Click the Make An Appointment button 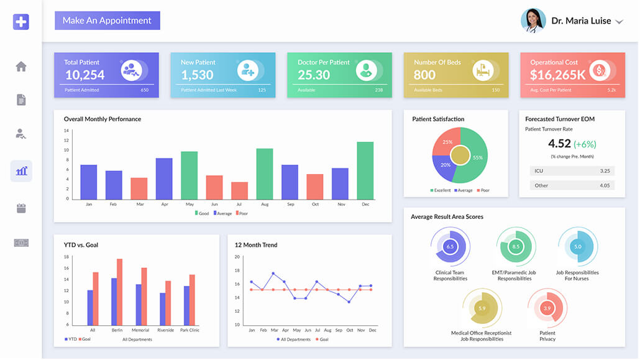pyautogui.click(x=107, y=21)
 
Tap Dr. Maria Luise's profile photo pyautogui.click(x=533, y=21)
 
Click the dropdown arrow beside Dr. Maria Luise pyautogui.click(x=619, y=22)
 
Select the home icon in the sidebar pyautogui.click(x=21, y=67)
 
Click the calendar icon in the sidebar pyautogui.click(x=21, y=208)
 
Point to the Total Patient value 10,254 pyautogui.click(x=85, y=75)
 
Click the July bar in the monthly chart pyautogui.click(x=239, y=190)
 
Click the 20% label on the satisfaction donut pyautogui.click(x=446, y=165)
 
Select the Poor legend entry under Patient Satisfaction pyautogui.click(x=482, y=190)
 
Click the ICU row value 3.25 pyautogui.click(x=605, y=170)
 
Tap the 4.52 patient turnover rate pyautogui.click(x=559, y=144)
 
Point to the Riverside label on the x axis pyautogui.click(x=165, y=330)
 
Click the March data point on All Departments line pyautogui.click(x=273, y=274)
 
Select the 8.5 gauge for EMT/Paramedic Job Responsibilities pyautogui.click(x=515, y=247)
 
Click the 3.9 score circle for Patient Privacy pyautogui.click(x=547, y=308)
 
